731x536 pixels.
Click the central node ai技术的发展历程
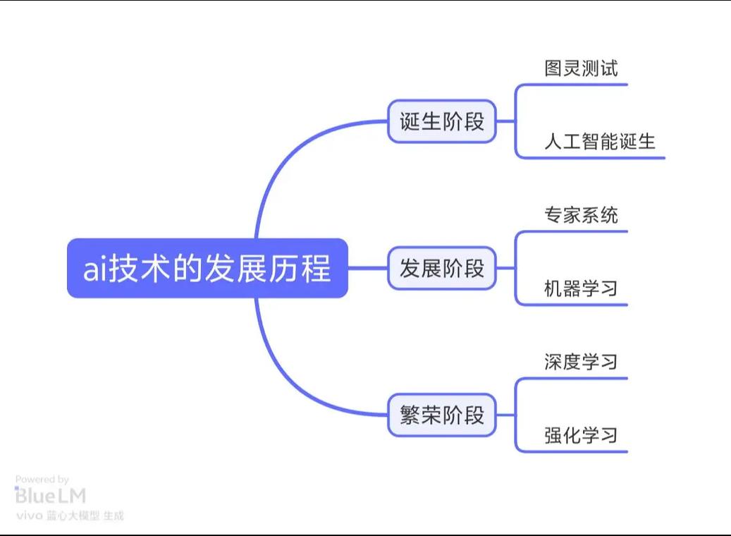(207, 269)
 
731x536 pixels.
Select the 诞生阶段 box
(442, 121)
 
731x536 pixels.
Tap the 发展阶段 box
(442, 268)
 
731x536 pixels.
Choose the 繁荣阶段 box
(442, 415)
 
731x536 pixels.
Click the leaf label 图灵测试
(581, 68)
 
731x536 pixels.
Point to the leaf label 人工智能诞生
(599, 141)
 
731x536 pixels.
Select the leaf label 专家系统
(581, 215)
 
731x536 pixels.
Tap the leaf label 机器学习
(581, 288)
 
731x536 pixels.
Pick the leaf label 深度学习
(581, 362)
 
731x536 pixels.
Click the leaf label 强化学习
(581, 435)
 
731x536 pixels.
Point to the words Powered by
(42, 480)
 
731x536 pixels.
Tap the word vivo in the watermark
(28, 516)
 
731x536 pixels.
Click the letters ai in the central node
(94, 269)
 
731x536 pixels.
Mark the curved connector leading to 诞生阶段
(282, 162)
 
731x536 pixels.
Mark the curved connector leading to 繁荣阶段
(282, 374)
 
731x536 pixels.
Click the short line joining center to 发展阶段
(368, 268)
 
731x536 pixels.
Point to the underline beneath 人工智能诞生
(599, 157)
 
